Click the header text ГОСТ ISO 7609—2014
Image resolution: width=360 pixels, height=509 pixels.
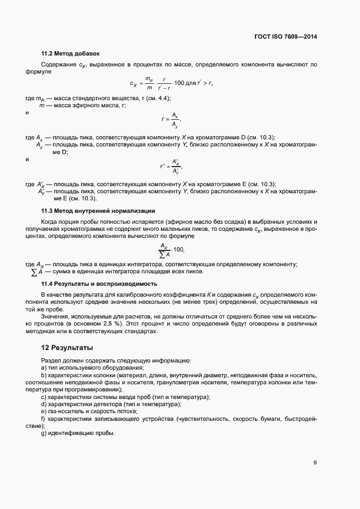pyautogui.click(x=285, y=37)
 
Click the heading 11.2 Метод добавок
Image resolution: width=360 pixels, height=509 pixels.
pyautogui.click(x=71, y=53)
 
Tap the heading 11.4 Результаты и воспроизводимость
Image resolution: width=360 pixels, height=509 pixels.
pyautogui.click(x=99, y=284)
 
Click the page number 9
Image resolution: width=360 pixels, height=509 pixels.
pyautogui.click(x=315, y=463)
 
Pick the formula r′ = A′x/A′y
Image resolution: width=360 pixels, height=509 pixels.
pyautogui.click(x=170, y=165)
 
